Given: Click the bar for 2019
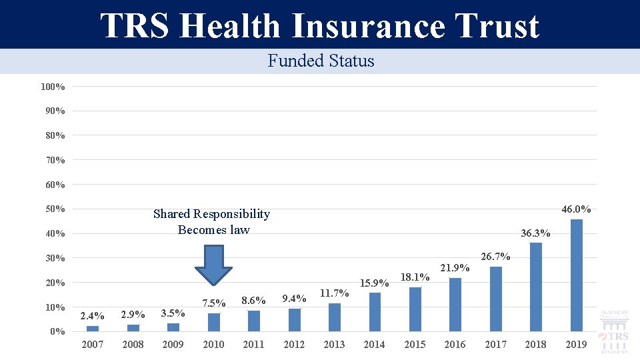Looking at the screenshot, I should [x=576, y=275].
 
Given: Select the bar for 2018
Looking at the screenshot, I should [x=536, y=287].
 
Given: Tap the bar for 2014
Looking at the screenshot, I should [x=375, y=312].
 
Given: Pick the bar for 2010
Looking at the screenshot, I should [x=214, y=322].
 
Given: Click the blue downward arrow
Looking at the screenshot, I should [x=213, y=265].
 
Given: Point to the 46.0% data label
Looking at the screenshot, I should [x=576, y=209].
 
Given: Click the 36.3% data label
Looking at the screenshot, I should [x=535, y=233].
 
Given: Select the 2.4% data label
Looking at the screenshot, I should [x=92, y=316].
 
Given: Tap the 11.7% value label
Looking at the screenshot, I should [x=334, y=293].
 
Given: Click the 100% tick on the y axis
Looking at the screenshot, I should [x=53, y=87].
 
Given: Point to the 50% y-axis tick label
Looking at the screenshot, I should [x=55, y=209].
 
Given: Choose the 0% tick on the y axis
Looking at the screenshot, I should [x=57, y=331].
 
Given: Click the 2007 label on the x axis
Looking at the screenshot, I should [x=93, y=345].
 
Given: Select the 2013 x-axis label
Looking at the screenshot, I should [x=334, y=345].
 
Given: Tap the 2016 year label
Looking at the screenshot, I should [x=455, y=345].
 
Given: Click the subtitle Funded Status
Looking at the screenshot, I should [x=321, y=61].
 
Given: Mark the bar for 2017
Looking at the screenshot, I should [x=495, y=299].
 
